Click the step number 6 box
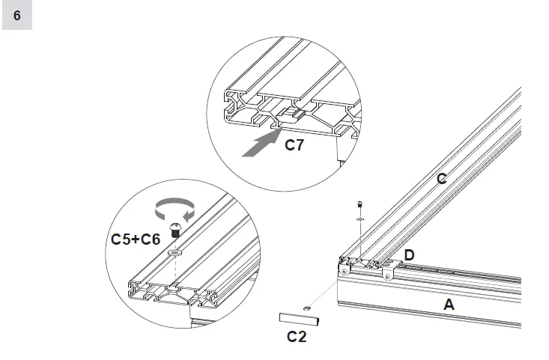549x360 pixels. coord(16,15)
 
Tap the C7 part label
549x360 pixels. coord(294,144)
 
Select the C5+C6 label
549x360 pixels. coord(136,240)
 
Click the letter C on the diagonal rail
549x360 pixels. coord(441,179)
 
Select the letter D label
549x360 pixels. coord(409,256)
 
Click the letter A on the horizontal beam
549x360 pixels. coord(449,305)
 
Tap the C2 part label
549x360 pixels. coord(297,337)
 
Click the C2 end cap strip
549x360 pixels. coord(300,320)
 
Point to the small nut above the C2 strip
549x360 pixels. coord(306,306)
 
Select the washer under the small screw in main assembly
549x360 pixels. coord(360,219)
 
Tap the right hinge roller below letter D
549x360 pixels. coord(387,275)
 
